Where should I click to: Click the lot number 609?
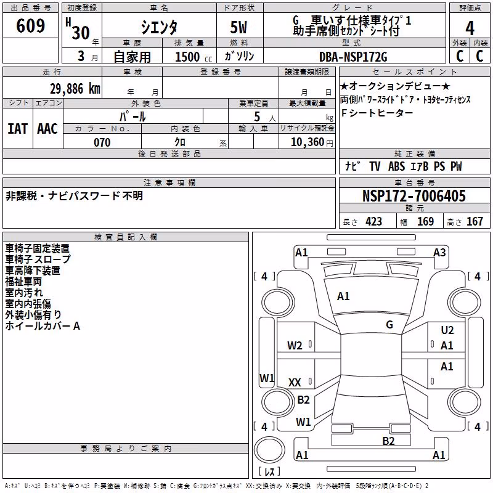click(x=30, y=25)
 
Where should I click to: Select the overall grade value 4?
click(x=470, y=28)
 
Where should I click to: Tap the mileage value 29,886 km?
click(x=75, y=89)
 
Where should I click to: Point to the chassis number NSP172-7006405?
click(x=414, y=196)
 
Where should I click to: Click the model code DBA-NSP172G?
click(x=353, y=57)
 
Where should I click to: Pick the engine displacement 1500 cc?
click(x=194, y=57)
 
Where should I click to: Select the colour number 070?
click(x=102, y=142)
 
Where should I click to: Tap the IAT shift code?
click(x=18, y=129)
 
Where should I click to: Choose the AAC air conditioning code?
click(x=47, y=129)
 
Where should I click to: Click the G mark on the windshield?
click(x=389, y=325)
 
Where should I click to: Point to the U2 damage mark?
click(x=447, y=330)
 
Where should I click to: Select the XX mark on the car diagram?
click(x=295, y=383)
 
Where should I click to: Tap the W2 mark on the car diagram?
click(x=295, y=346)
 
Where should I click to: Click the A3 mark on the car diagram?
click(x=439, y=253)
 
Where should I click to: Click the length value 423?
click(x=373, y=222)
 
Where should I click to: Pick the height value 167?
click(x=475, y=222)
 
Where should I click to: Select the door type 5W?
click(x=238, y=27)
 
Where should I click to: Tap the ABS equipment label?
click(x=396, y=166)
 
